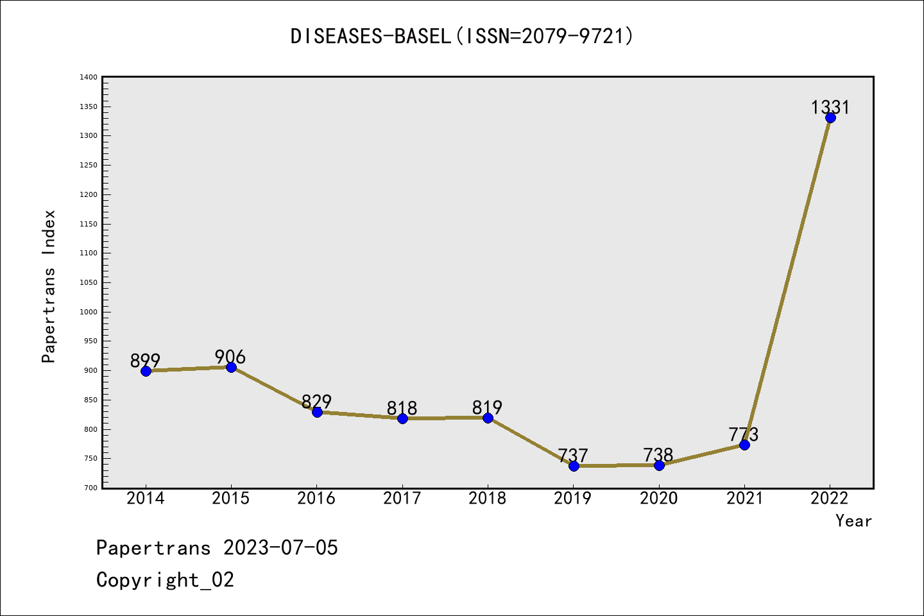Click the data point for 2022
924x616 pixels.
tap(830, 117)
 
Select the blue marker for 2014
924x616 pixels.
tap(146, 371)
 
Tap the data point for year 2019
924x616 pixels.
tap(574, 466)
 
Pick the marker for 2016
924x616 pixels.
tap(317, 412)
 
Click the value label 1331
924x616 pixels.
tap(830, 107)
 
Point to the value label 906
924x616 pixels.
tap(230, 357)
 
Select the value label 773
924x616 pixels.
tap(744, 434)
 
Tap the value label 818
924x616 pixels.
tap(402, 408)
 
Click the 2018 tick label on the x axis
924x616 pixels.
tap(488, 499)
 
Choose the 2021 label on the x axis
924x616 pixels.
tap(744, 499)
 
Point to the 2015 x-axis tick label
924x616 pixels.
tap(231, 499)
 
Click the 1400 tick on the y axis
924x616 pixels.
tap(89, 78)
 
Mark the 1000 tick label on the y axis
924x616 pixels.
tap(89, 312)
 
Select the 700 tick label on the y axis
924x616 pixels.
tap(90, 488)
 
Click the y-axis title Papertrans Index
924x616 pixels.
tap(49, 286)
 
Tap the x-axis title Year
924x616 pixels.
tap(853, 521)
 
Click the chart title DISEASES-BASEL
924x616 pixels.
tap(462, 36)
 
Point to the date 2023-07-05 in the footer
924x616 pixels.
tap(280, 548)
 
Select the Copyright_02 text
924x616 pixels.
tap(165, 580)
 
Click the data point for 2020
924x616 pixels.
tap(659, 465)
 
